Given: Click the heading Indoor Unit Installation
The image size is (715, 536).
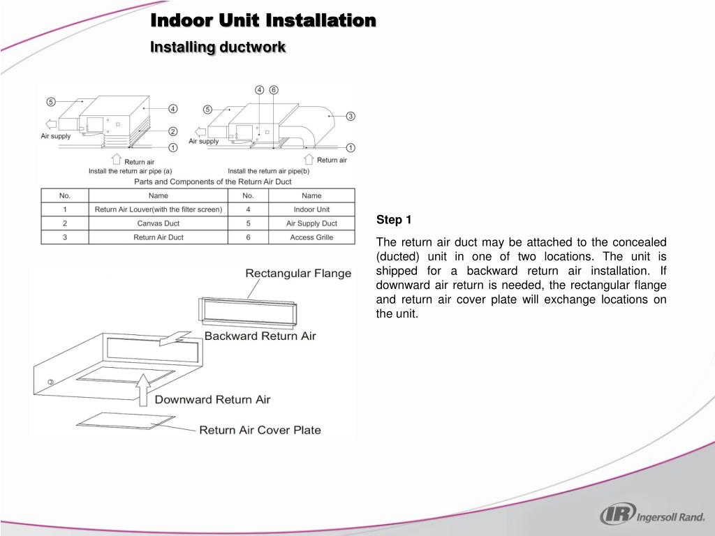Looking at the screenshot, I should (x=264, y=21).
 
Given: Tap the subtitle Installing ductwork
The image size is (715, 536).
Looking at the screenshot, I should (x=219, y=47).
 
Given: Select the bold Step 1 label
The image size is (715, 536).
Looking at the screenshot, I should (x=394, y=220).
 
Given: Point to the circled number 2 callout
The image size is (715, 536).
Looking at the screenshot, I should (x=172, y=131).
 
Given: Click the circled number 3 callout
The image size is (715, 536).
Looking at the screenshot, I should (x=351, y=116).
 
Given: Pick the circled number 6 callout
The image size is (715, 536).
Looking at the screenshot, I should (x=274, y=90).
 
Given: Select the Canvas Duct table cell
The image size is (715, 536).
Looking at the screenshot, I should (x=159, y=223).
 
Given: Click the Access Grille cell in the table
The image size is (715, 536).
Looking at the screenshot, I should (x=311, y=237).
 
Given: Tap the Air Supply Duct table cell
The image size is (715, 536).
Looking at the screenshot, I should (x=311, y=223).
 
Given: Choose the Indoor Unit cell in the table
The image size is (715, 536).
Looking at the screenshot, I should (x=311, y=209).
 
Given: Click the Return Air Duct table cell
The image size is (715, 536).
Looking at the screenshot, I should (x=159, y=237).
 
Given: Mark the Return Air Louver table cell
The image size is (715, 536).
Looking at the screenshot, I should (x=159, y=209).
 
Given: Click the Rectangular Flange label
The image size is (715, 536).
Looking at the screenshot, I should (x=298, y=274).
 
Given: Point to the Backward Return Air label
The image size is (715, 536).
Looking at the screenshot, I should (x=260, y=336).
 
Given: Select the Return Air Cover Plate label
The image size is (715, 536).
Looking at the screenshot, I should (x=260, y=430).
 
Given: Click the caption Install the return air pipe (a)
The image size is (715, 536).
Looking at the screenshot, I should (x=131, y=171).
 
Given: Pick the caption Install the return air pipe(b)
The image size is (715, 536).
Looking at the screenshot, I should (x=269, y=171).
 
